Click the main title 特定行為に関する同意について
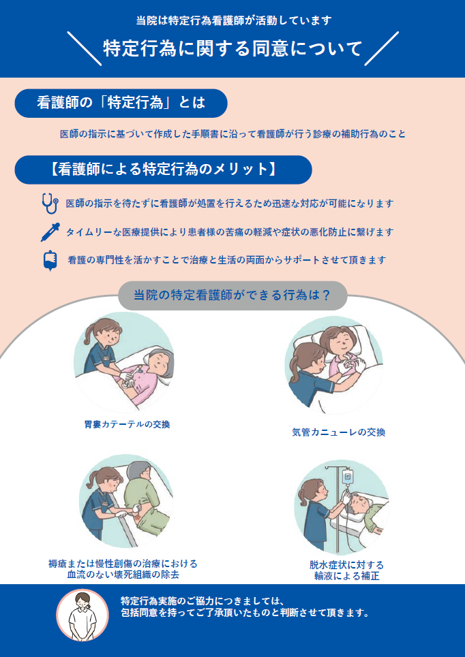(x=232, y=49)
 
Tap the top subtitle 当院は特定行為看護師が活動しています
(x=232, y=20)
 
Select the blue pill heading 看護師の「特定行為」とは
(x=121, y=103)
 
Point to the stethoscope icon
(x=48, y=203)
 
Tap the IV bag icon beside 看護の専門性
(x=49, y=260)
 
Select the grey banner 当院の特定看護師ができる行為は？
(x=232, y=295)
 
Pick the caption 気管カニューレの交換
(x=338, y=432)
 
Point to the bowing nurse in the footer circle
(x=82, y=615)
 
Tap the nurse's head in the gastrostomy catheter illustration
(x=100, y=333)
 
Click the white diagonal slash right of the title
(x=381, y=49)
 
